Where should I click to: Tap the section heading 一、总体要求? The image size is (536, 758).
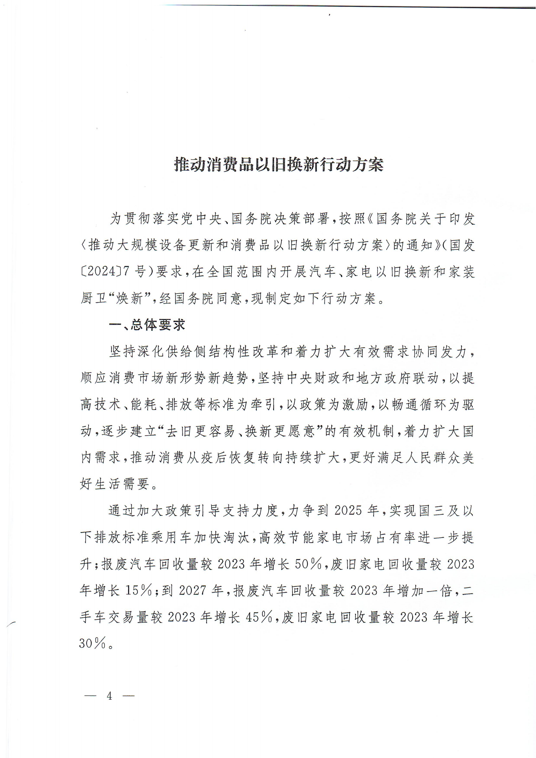[x=147, y=325]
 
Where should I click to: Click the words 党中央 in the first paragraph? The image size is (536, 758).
[x=201, y=219]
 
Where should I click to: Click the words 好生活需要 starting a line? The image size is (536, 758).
[x=114, y=484]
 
